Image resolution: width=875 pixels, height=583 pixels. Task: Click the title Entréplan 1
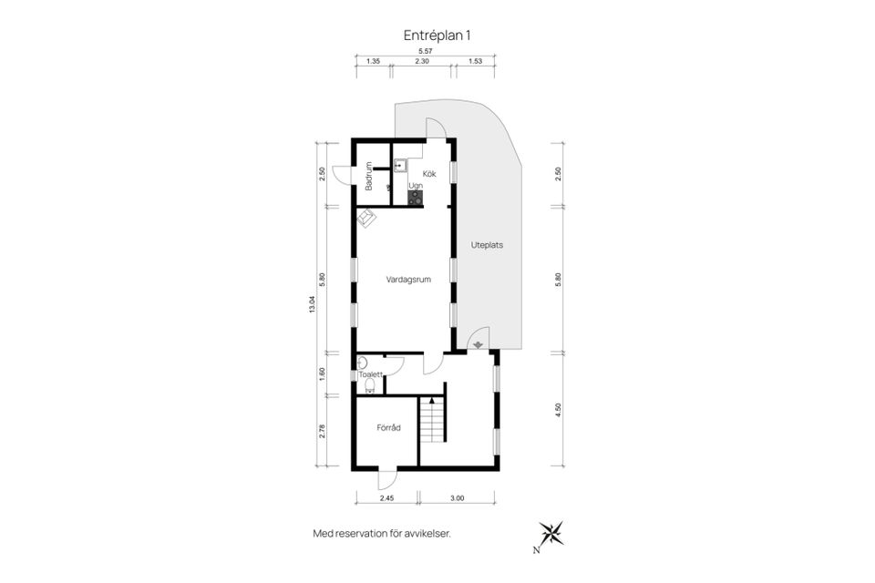tap(437, 36)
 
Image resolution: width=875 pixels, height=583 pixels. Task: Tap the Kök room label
tap(429, 173)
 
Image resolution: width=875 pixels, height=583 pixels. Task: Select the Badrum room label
tap(368, 177)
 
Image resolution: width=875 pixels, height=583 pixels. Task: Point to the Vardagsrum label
tap(408, 280)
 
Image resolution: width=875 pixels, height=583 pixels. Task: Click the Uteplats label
tap(487, 245)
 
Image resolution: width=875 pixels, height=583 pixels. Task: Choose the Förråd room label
tap(388, 428)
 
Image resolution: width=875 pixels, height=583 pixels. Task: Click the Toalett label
tap(371, 375)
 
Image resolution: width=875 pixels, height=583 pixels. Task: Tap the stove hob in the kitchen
tap(416, 198)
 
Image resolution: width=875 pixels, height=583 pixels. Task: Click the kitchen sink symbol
tap(399, 165)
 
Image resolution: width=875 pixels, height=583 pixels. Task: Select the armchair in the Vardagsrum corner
tap(366, 218)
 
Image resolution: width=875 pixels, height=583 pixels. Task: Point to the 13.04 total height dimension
tap(313, 304)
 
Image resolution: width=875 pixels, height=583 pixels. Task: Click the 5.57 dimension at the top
tap(426, 51)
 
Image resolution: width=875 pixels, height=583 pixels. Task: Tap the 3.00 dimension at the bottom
tap(457, 498)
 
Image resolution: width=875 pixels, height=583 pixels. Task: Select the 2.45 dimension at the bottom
tap(386, 498)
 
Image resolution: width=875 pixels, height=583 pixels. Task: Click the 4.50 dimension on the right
tap(558, 410)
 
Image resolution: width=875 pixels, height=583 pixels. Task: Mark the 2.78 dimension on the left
tap(322, 431)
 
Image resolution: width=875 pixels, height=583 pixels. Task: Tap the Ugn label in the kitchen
tap(416, 186)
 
